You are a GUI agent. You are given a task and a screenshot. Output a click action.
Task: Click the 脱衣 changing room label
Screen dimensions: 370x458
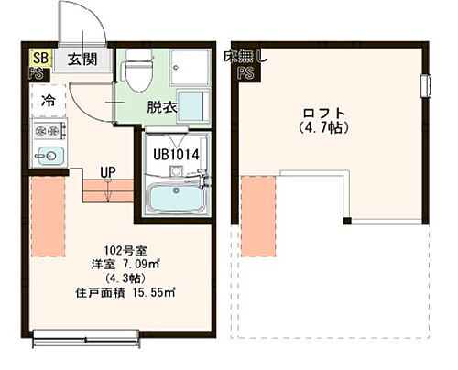click(x=162, y=107)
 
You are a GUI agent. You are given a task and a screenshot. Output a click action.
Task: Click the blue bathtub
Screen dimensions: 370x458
click(x=178, y=196)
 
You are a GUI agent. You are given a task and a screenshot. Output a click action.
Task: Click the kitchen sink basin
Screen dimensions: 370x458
click(x=46, y=156)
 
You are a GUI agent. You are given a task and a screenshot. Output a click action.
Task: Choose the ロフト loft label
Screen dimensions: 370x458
click(x=321, y=114)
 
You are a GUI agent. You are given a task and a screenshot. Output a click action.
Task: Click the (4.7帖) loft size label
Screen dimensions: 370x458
click(x=321, y=130)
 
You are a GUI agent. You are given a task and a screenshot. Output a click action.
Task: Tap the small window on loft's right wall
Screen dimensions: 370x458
click(x=425, y=87)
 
